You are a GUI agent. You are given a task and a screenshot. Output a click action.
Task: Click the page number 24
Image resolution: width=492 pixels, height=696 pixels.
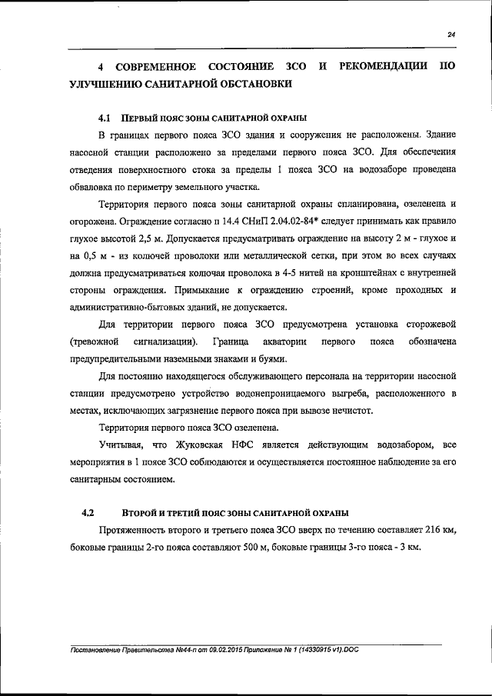coord(451,34)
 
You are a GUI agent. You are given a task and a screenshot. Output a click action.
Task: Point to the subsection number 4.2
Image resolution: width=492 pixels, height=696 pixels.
coord(87,512)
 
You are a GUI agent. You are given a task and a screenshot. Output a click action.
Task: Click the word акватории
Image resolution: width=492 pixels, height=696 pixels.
coord(283,341)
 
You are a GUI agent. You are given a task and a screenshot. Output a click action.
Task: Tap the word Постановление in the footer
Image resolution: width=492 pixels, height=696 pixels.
coord(98,650)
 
